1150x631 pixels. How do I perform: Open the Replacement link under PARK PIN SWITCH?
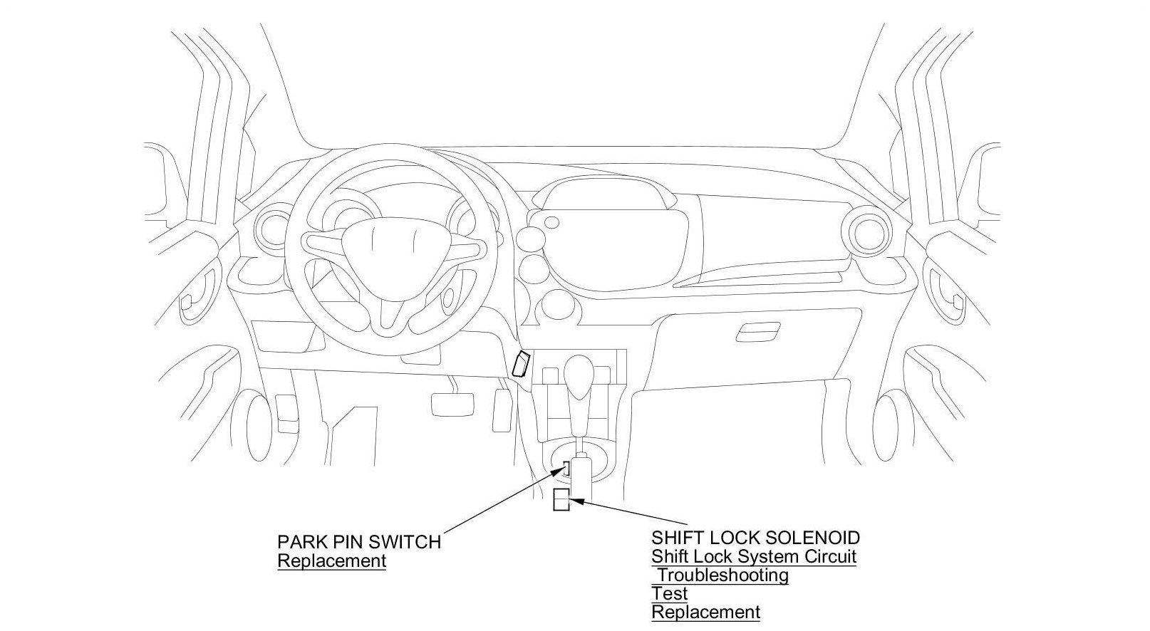331,560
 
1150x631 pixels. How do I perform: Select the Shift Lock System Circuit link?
753,556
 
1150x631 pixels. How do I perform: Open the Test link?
669,593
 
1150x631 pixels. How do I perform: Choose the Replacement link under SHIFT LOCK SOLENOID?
705,611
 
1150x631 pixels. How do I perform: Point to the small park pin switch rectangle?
566,468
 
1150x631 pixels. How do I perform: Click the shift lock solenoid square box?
561,500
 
